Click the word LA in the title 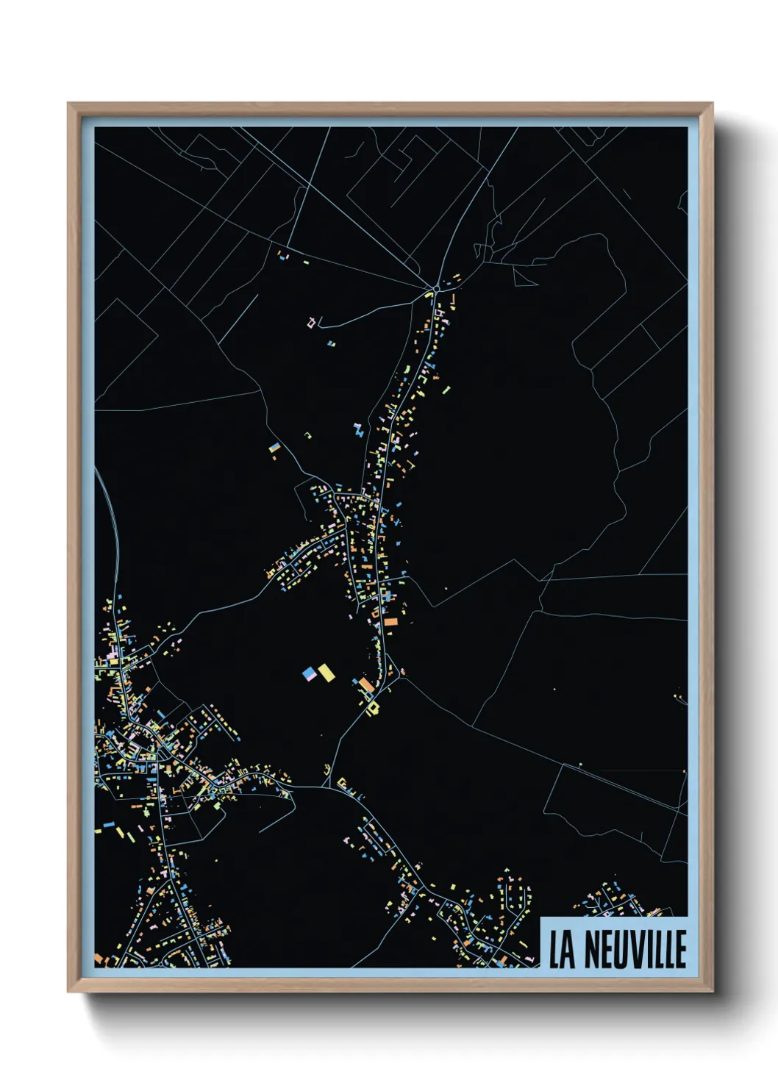tap(563, 950)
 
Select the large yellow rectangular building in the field tap(326, 673)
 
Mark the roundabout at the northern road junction tap(436, 287)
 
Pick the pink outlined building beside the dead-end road tap(312, 322)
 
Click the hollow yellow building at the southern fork tap(374, 708)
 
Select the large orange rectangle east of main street tap(390, 622)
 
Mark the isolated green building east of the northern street tap(446, 390)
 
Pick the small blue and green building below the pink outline tap(331, 343)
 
